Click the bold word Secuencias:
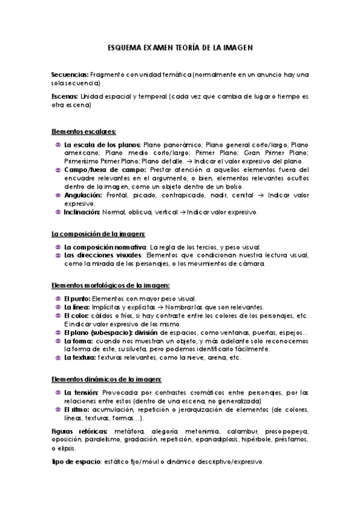click(70, 75)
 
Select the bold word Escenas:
click(66, 96)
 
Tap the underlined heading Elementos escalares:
click(84, 132)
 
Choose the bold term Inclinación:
click(82, 212)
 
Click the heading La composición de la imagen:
click(98, 233)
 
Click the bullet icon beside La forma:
click(57, 341)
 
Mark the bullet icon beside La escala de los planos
click(57, 145)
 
